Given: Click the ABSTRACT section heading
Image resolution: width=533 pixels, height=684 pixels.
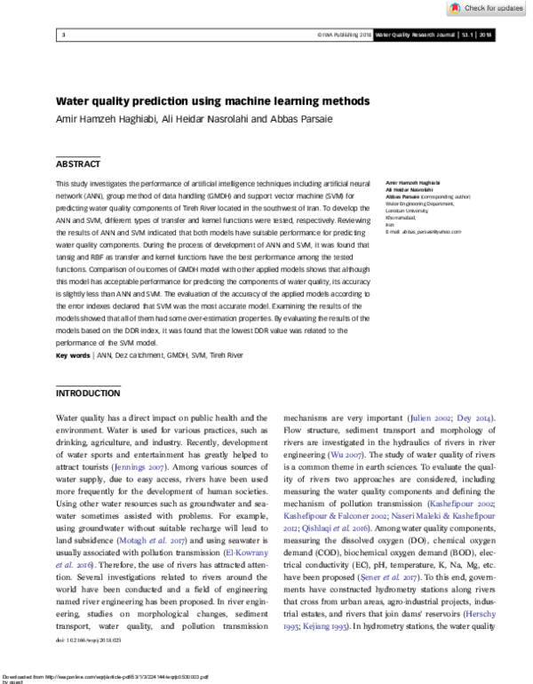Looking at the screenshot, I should coord(78,164).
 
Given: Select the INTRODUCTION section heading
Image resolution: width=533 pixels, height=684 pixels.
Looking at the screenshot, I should coord(88,393).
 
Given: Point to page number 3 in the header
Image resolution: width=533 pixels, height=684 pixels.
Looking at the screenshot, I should coord(64,36).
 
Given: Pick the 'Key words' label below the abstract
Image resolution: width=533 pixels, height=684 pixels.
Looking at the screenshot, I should coord(73,355).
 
